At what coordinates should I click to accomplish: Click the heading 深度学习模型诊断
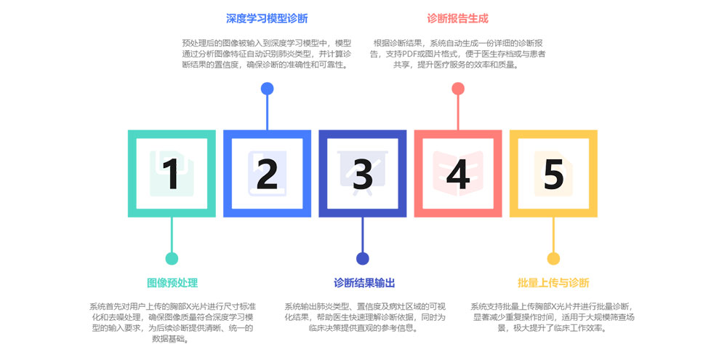(267, 18)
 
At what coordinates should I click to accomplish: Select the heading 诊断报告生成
(457, 18)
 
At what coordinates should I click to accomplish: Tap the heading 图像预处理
(172, 283)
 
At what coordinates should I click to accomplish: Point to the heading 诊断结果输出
(364, 283)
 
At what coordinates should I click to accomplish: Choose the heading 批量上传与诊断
(553, 283)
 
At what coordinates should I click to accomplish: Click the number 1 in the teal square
(172, 175)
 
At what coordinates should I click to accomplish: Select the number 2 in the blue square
(267, 175)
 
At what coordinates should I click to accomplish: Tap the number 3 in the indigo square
(363, 175)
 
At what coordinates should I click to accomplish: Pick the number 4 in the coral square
(458, 175)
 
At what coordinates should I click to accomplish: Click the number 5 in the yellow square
(553, 175)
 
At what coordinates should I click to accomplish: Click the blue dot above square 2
(267, 89)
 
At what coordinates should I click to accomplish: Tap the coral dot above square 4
(458, 89)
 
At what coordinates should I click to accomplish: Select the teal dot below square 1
(172, 259)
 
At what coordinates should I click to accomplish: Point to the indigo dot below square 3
(363, 259)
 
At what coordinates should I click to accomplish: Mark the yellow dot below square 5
(553, 259)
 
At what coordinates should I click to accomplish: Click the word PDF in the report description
(419, 54)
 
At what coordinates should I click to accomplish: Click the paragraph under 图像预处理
(172, 322)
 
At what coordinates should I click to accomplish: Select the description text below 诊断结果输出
(364, 317)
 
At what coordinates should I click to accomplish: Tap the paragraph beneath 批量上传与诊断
(553, 317)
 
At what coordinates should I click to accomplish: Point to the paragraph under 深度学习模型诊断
(267, 54)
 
